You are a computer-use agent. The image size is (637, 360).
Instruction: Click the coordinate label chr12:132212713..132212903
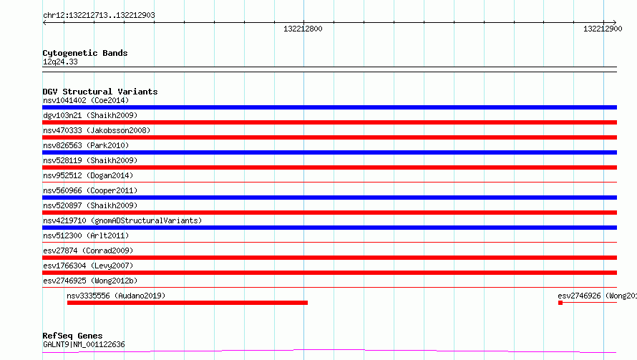pyautogui.click(x=99, y=16)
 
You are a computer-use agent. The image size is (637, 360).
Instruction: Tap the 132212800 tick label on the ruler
pyautogui.click(x=303, y=29)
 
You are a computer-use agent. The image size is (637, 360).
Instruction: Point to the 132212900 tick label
pyautogui.click(x=603, y=29)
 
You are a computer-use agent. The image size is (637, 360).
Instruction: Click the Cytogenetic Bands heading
pyautogui.click(x=85, y=53)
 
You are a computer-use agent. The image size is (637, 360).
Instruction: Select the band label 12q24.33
pyautogui.click(x=60, y=62)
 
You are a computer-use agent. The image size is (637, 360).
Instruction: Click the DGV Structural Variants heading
pyautogui.click(x=100, y=92)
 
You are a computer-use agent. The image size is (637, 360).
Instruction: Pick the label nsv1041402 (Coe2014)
pyautogui.click(x=86, y=100)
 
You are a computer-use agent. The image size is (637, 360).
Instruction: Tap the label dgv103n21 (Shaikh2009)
pyautogui.click(x=90, y=115)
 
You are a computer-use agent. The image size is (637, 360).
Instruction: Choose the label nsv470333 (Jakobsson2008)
pyautogui.click(x=97, y=130)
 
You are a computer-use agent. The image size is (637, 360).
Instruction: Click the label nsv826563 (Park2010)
pyautogui.click(x=86, y=145)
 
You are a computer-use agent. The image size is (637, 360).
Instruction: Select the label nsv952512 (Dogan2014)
pyautogui.click(x=88, y=175)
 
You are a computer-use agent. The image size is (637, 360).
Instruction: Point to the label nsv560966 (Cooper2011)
pyautogui.click(x=90, y=190)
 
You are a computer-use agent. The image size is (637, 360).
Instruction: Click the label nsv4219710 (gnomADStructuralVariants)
pyautogui.click(x=122, y=220)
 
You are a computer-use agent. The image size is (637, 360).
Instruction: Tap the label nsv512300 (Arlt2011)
pyautogui.click(x=86, y=235)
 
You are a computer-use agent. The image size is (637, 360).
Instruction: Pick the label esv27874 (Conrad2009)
pyautogui.click(x=88, y=250)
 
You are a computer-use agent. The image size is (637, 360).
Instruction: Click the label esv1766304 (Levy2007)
pyautogui.click(x=88, y=266)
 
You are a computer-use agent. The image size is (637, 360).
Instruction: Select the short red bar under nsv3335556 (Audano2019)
pyautogui.click(x=188, y=303)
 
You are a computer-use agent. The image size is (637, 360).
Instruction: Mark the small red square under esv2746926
pyautogui.click(x=560, y=303)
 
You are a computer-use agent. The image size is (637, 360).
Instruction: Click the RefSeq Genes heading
pyautogui.click(x=72, y=336)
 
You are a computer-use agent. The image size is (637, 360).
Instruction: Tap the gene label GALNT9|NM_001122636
pyautogui.click(x=84, y=344)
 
